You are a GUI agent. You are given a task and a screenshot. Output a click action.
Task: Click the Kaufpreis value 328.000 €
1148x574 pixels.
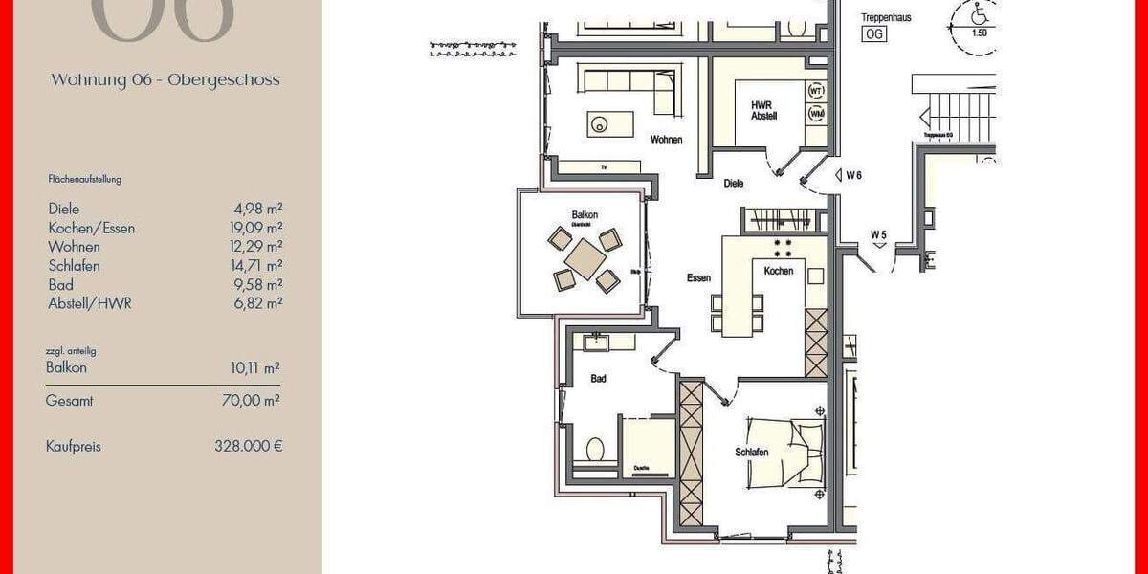point(249,446)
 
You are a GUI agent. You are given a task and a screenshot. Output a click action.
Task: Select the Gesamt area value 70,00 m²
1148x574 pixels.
point(251,402)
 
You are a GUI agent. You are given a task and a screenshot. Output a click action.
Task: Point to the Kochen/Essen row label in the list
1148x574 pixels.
point(92,228)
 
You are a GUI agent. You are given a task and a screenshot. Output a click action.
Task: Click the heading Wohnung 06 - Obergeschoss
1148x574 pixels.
point(166,80)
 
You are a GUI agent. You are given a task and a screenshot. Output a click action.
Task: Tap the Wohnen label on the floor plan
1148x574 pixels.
point(667,140)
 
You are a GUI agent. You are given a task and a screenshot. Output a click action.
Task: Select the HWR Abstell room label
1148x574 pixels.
point(763,110)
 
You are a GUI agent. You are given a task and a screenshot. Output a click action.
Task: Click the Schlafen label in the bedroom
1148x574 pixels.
point(753,452)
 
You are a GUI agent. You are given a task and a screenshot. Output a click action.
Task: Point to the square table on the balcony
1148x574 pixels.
point(585,258)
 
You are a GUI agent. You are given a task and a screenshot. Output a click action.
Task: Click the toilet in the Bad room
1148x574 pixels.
point(595,449)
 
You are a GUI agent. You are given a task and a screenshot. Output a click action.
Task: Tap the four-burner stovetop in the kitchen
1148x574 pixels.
point(782,248)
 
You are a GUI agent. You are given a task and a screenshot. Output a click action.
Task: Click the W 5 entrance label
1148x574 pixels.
point(878,234)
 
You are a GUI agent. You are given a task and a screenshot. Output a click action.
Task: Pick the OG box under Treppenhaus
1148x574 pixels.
point(873,34)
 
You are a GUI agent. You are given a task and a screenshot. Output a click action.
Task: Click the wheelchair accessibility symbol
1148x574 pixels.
point(979,15)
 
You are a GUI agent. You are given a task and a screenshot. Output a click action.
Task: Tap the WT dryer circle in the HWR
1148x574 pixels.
point(816,91)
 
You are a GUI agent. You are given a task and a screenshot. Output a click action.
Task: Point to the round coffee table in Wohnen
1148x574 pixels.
point(600,123)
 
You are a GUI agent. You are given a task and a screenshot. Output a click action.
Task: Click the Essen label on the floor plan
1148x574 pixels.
point(698,278)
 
